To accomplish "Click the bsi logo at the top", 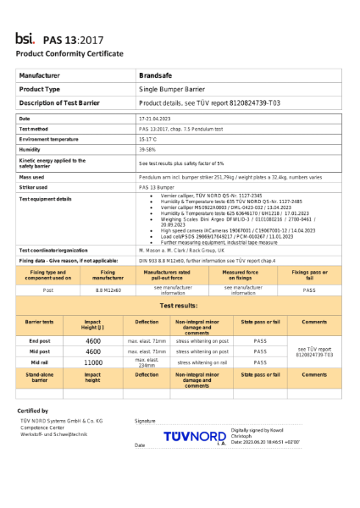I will (25, 38).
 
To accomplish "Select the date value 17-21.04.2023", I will (155, 118).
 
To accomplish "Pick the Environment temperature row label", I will (48, 138).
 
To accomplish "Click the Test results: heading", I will (179, 304).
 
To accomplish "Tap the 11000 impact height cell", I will (93, 361).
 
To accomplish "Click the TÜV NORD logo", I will (194, 435).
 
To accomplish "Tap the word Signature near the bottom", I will (145, 420).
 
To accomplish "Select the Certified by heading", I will (33, 411).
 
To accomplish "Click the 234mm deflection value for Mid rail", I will (147, 364).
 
